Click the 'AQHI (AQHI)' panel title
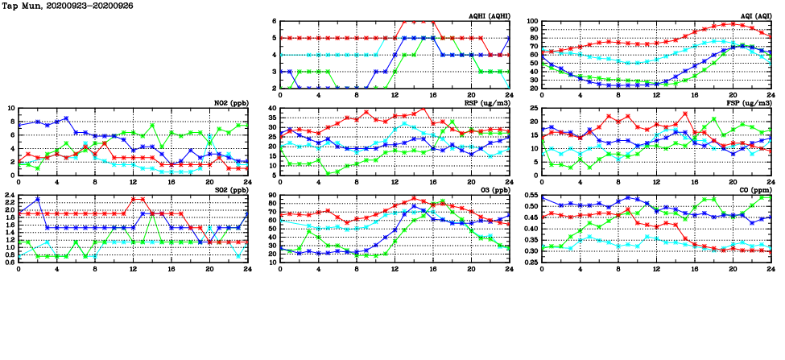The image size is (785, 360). point(488,16)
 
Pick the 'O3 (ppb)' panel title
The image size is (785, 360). point(493,190)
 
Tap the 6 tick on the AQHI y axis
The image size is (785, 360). point(275,22)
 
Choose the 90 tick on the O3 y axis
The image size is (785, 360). point(272,195)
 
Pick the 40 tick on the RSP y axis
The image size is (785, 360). point(272,108)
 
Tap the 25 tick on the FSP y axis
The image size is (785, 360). point(534,108)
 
